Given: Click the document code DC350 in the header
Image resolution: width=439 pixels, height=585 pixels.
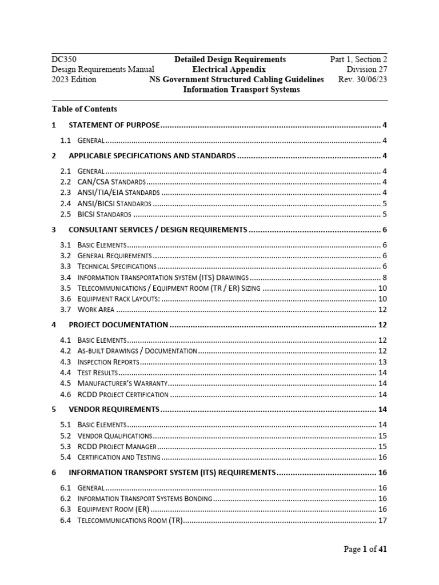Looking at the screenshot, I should [64, 59].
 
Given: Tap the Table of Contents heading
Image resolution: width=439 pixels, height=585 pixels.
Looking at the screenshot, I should [84, 109].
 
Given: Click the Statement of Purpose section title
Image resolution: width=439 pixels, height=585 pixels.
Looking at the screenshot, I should [114, 125].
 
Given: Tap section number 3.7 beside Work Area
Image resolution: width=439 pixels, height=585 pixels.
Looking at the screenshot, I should [65, 310].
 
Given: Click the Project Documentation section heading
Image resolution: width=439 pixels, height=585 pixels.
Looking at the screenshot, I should [118, 325].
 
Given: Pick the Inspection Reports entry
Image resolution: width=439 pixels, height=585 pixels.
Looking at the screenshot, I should [108, 362].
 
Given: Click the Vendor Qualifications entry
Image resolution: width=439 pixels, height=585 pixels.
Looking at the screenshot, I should [114, 436].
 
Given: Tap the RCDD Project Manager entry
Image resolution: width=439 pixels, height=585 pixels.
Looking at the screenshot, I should [116, 446].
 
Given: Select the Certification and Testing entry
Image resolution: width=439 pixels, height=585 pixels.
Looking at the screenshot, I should [119, 457].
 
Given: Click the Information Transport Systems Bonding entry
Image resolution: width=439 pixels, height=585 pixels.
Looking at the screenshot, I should [145, 499].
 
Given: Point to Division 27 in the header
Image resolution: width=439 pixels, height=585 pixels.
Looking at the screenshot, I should [366, 69].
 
